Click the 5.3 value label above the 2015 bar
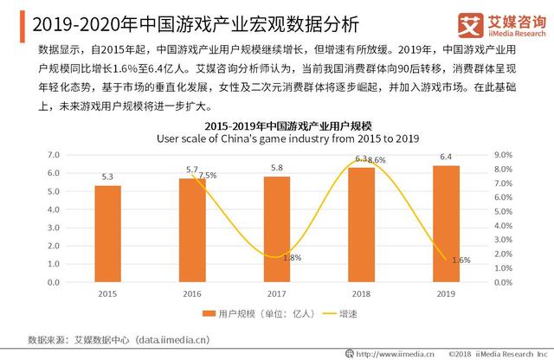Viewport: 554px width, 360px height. [107, 177]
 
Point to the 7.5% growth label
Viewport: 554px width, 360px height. [208, 176]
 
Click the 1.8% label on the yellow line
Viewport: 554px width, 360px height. [292, 258]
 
